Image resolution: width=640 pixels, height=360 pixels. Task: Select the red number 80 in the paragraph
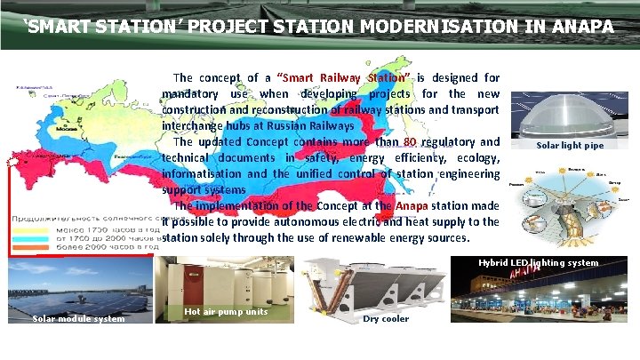pos(409,141)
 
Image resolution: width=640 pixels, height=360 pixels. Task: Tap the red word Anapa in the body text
pos(412,205)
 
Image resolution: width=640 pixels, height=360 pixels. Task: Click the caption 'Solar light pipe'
pos(570,145)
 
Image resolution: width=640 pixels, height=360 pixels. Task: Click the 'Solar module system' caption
pos(78,319)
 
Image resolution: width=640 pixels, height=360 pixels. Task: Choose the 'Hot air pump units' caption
pos(225,312)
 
